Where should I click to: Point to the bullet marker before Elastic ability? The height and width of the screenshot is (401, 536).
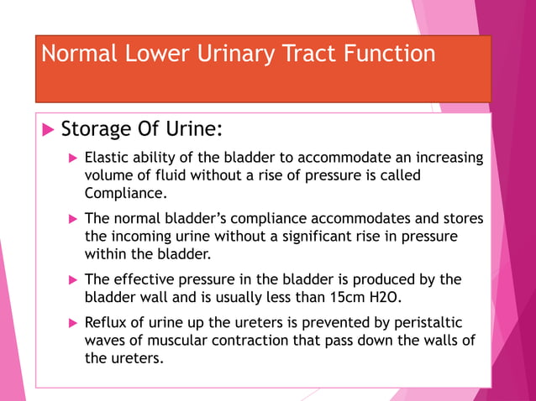coord(73,158)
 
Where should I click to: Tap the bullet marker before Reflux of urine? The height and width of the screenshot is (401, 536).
coord(73,322)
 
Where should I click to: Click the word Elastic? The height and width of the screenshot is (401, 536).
coord(106,158)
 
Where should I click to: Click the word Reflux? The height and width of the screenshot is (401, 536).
coord(106,322)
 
